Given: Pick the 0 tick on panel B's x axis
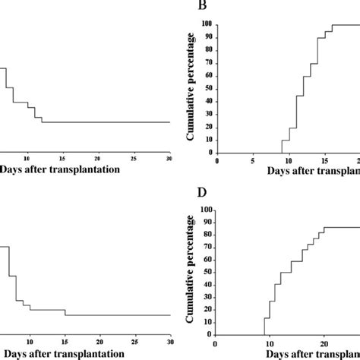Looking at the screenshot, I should [x=217, y=160].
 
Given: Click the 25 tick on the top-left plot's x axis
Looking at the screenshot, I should [x=134, y=159].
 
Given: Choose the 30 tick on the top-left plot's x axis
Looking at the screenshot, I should [x=169, y=159].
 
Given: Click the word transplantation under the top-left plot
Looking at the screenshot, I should [x=81, y=169].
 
